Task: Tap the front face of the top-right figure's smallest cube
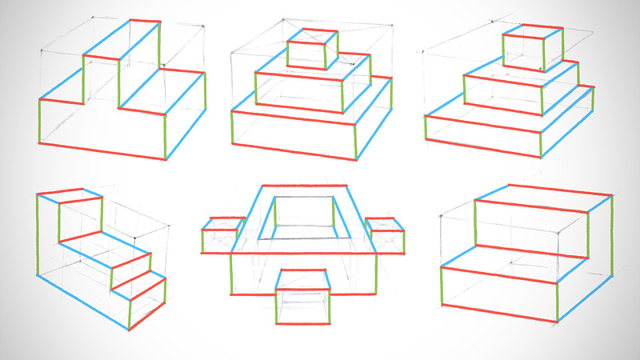click(523, 51)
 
